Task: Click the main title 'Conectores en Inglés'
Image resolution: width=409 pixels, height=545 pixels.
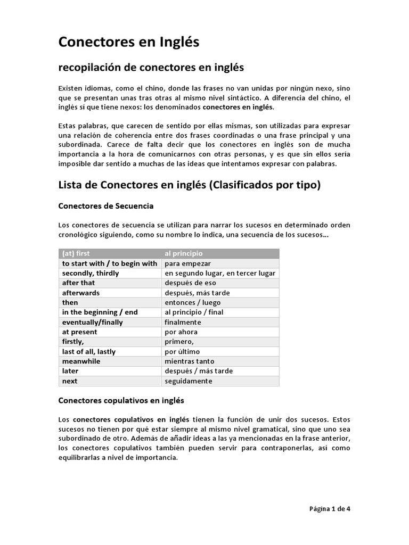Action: (128, 42)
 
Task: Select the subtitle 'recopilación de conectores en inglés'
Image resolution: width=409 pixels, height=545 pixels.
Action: (151, 68)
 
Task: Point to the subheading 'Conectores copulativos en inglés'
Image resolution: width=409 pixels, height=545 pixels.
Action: (121, 400)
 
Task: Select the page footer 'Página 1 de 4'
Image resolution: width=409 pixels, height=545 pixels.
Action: (330, 508)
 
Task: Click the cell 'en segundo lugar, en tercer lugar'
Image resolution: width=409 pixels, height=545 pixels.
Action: (220, 273)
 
